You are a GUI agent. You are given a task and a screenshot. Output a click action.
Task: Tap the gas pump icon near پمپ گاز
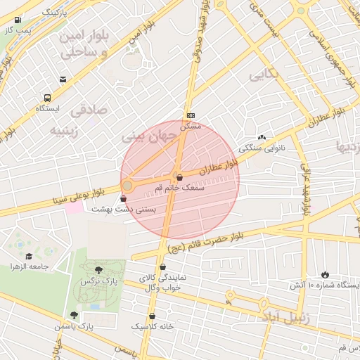click(x=18, y=20)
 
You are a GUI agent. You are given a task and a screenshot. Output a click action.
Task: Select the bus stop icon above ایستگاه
click(x=47, y=98)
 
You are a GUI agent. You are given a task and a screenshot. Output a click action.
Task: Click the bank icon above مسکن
click(x=191, y=115)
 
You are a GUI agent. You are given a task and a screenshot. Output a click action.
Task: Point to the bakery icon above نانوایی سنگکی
click(x=262, y=138)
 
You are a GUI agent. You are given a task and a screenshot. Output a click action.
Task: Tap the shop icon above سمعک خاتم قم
click(x=179, y=177)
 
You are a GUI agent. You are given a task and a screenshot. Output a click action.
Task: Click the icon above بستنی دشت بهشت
click(x=124, y=199)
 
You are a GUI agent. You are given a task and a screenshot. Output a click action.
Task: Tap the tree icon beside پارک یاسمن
click(x=74, y=316)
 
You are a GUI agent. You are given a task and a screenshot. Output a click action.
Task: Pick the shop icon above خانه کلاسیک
click(x=153, y=316)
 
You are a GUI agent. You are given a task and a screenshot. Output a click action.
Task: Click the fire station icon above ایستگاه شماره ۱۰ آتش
click(x=324, y=274)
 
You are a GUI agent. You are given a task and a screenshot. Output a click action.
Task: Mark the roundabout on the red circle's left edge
click(x=127, y=186)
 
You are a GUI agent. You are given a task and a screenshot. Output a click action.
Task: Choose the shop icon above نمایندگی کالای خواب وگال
click(x=163, y=266)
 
